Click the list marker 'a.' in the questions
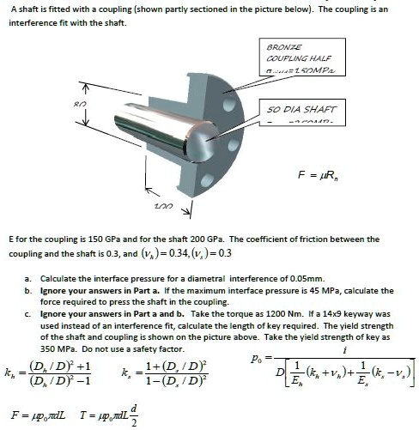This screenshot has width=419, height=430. (29, 279)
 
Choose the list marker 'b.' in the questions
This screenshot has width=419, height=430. (29, 291)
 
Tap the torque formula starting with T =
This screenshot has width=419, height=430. (108, 416)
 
